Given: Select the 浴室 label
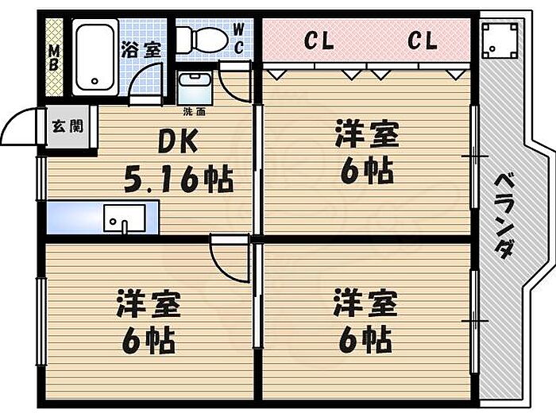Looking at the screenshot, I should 141,48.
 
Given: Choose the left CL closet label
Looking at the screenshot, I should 319,41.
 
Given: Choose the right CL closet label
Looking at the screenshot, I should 423,41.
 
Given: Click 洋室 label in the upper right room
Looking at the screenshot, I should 365,134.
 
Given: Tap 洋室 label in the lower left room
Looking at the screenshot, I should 149,305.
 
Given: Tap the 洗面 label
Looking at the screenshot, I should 193,110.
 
